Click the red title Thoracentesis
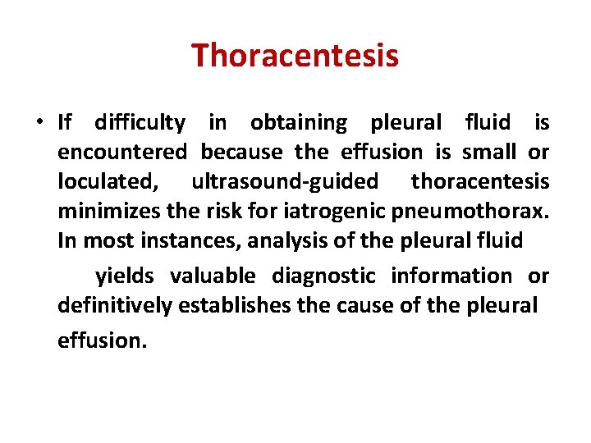(x=295, y=56)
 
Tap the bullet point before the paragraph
(x=39, y=124)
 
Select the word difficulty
(x=140, y=123)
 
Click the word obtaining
(x=299, y=123)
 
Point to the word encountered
(x=122, y=153)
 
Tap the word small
(x=489, y=153)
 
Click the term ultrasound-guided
(x=285, y=181)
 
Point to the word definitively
(x=115, y=306)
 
